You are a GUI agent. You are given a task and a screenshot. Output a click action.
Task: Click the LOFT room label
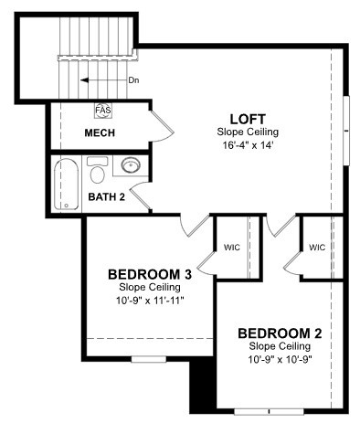[248, 119]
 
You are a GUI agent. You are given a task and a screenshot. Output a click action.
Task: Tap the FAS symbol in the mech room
[103, 110]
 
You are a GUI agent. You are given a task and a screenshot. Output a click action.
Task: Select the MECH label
[100, 133]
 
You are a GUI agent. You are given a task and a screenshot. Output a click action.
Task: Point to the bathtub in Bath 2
[66, 184]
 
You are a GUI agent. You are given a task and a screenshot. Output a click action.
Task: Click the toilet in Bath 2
[98, 170]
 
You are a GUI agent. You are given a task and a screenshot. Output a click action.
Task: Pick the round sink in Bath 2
[131, 165]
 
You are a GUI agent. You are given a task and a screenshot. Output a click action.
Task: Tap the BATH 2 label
[107, 197]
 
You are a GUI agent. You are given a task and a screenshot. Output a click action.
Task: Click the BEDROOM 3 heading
[150, 275]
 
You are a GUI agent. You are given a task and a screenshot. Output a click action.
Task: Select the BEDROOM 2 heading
[280, 333]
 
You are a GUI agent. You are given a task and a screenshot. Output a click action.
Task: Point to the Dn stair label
[133, 80]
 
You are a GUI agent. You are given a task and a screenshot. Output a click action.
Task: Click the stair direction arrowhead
[84, 80]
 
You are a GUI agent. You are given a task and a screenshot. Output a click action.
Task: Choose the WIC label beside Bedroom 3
[232, 248]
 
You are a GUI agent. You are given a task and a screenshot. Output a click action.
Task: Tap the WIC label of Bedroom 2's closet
[317, 248]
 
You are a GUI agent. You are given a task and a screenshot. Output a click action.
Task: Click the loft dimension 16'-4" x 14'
[248, 145]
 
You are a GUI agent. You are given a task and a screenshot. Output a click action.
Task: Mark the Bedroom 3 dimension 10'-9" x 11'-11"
[150, 301]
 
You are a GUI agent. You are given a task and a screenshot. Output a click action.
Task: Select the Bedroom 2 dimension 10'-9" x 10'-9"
[280, 360]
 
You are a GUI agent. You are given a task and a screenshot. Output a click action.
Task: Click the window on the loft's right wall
[346, 131]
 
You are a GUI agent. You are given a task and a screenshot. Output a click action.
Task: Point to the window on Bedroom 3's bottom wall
[149, 359]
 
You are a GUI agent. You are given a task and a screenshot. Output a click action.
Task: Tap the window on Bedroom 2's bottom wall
[270, 412]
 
